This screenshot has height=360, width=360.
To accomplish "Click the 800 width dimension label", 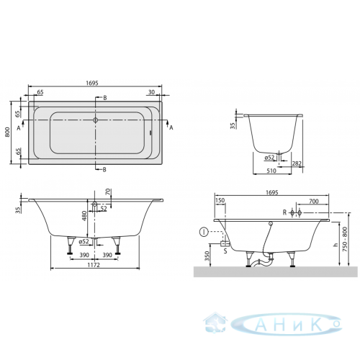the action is pyautogui.click(x=7, y=132).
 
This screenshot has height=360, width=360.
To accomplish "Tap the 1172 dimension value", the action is pyautogui.click(x=94, y=265).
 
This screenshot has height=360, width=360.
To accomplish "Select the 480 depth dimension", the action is pyautogui.click(x=84, y=216).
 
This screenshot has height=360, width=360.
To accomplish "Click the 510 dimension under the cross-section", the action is pyautogui.click(x=271, y=171).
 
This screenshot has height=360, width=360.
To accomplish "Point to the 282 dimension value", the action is pyautogui.click(x=297, y=163).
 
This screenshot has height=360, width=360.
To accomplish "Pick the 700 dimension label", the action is pyautogui.click(x=313, y=201).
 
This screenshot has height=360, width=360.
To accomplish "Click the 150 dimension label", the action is pyautogui.click(x=220, y=200).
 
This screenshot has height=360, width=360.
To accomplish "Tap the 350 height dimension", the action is pyautogui.click(x=207, y=256).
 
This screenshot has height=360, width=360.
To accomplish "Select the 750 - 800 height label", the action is pyautogui.click(x=345, y=239).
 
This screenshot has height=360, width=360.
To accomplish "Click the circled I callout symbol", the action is pyautogui.click(x=204, y=233).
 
